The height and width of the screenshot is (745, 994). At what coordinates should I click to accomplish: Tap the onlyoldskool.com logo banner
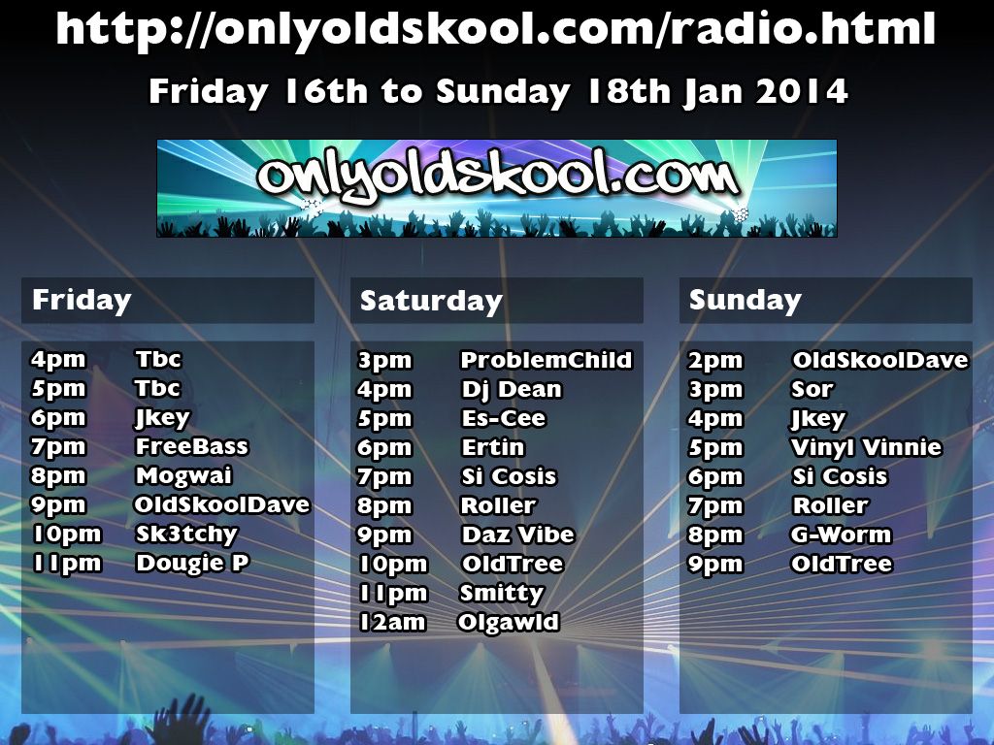[496, 188]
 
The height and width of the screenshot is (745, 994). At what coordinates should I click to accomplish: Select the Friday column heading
[82, 300]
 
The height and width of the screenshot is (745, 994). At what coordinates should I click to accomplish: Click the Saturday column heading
[431, 301]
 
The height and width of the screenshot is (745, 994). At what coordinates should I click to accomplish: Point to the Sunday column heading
[745, 300]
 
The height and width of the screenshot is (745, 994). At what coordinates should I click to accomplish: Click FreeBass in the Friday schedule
[191, 446]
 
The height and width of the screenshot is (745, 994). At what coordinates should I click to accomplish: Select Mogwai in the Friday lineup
[183, 475]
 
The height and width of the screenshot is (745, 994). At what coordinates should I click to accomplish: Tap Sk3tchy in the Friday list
[186, 534]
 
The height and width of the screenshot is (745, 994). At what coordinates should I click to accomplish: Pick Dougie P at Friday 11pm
[193, 564]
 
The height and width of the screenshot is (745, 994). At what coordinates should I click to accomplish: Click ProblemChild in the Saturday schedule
[547, 360]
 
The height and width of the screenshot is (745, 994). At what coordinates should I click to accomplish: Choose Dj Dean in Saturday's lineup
[512, 390]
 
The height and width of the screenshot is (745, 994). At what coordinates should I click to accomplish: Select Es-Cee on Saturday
[504, 418]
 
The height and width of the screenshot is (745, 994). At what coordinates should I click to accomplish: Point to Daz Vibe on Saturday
[518, 534]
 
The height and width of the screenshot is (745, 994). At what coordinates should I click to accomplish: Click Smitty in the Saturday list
[502, 594]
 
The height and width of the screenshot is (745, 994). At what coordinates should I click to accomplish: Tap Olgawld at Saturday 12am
[509, 622]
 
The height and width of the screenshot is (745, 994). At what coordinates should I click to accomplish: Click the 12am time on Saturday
[392, 622]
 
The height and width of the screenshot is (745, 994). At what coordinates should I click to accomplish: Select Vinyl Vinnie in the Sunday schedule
[867, 448]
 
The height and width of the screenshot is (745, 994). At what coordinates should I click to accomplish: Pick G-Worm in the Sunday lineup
[842, 534]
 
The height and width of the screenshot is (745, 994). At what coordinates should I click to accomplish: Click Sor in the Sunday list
[812, 389]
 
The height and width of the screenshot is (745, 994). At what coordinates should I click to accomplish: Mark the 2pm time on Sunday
[715, 361]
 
